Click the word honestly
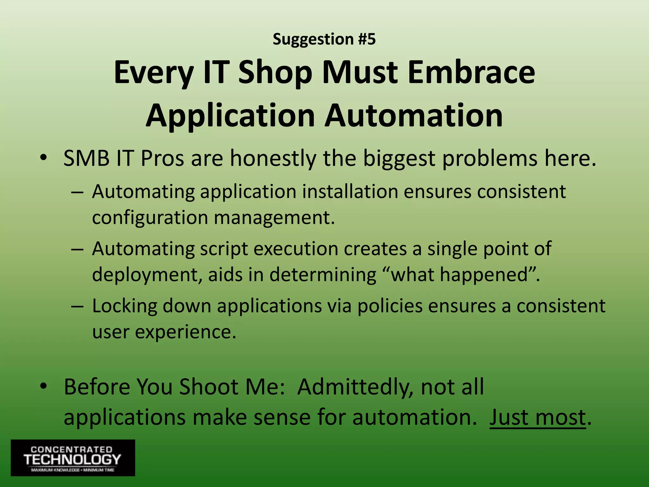[273, 159]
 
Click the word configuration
[150, 218]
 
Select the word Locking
[125, 307]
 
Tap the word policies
[390, 307]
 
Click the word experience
[186, 332]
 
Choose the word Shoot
[209, 387]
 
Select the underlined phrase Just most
[537, 417]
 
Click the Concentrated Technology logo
[73, 458]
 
